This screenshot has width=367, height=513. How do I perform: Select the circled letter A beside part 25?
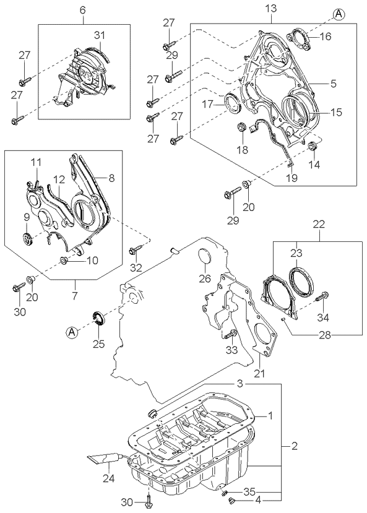(72, 332)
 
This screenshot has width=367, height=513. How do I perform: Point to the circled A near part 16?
(338, 12)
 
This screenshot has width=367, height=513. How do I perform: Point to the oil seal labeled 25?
(98, 321)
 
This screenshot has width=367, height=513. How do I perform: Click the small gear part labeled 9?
(27, 238)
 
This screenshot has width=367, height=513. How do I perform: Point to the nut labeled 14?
(313, 147)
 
